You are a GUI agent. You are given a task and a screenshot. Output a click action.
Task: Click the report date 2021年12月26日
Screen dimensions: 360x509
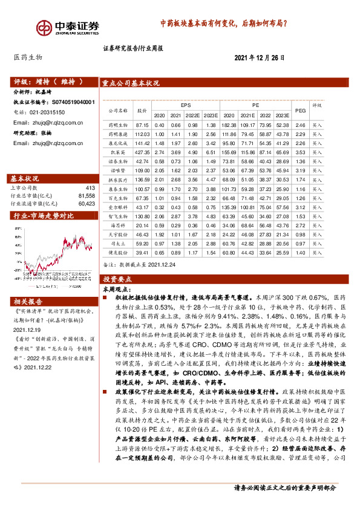point(259,57)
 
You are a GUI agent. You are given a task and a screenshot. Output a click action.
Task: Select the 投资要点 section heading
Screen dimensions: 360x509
point(118,279)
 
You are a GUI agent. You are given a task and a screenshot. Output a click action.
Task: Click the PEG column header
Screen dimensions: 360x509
point(301,110)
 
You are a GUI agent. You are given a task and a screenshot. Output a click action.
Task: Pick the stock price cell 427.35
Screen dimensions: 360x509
point(142,153)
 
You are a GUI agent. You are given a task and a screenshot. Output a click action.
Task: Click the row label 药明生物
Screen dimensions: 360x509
point(117,125)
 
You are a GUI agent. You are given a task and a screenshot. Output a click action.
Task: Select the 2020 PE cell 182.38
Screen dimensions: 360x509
point(229,125)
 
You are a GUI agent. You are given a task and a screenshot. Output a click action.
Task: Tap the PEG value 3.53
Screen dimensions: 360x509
point(301,153)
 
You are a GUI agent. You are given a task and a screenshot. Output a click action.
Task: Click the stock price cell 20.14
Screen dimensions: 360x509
point(142,224)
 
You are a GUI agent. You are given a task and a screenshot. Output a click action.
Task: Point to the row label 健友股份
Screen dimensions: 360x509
point(117,253)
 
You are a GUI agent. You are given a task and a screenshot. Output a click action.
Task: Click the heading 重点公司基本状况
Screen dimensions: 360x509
point(131,83)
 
